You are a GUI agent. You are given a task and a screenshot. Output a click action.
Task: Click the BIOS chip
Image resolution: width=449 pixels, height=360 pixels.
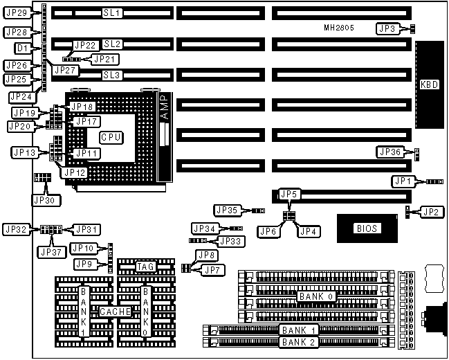(x=367, y=228)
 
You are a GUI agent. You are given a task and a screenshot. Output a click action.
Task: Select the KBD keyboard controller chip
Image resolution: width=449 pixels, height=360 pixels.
(x=429, y=85)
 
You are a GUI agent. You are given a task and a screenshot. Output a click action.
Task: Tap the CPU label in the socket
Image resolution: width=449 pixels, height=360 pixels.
(x=111, y=137)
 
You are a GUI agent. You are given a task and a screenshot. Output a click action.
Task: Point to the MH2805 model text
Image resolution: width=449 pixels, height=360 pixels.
(x=341, y=28)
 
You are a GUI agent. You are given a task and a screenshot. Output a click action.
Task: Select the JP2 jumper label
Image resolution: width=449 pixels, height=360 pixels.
(x=430, y=211)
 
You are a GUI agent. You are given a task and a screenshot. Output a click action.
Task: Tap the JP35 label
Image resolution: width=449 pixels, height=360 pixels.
(x=228, y=210)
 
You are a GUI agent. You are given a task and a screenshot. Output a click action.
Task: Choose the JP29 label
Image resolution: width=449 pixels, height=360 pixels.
(x=16, y=13)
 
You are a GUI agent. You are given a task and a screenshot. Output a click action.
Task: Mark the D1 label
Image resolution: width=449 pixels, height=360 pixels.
(x=22, y=49)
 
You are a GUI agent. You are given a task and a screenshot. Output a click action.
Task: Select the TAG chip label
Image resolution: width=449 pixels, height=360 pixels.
(x=146, y=267)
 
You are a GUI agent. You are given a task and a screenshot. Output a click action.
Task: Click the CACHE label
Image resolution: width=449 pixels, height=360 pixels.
(x=116, y=312)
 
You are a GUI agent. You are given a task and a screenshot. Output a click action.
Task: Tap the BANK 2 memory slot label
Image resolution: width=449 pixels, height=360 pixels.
(x=299, y=342)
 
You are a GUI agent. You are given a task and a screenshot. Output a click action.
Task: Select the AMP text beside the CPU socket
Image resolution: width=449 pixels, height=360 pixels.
(x=164, y=111)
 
